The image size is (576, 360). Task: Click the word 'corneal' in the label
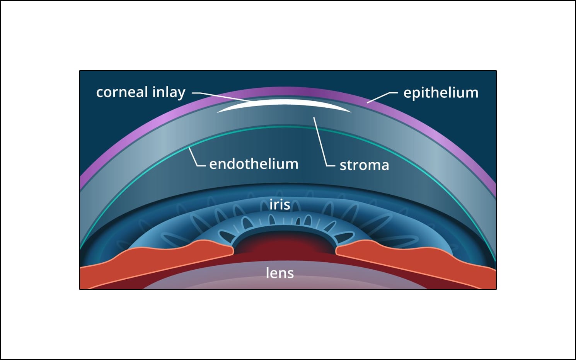point(122,92)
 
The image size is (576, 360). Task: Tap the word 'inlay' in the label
point(169,93)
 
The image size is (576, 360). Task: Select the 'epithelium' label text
point(441,93)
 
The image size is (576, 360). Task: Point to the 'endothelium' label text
point(254,164)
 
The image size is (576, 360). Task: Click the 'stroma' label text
point(364,165)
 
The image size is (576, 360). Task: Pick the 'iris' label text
point(279,205)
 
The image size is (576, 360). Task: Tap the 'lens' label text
point(279,273)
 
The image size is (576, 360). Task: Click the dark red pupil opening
point(284,243)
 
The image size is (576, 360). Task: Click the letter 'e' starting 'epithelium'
point(407,93)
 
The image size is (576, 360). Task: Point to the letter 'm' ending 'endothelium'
point(291,164)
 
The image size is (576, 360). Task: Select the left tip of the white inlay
point(218,112)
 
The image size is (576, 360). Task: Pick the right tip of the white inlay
point(350,112)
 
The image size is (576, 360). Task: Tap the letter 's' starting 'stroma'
point(343,166)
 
